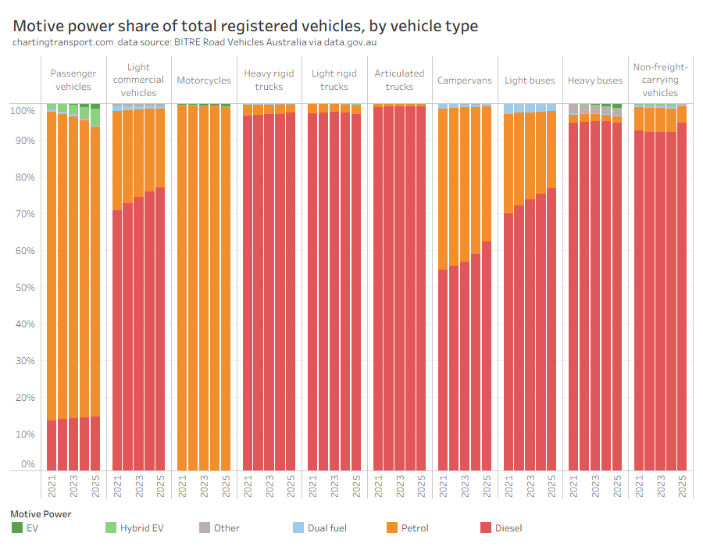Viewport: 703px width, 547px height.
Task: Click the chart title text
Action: tap(245, 26)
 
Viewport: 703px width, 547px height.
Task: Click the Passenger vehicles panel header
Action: tap(73, 80)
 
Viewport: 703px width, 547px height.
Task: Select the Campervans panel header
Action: tap(465, 80)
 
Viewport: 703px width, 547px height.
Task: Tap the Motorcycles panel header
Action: tap(204, 80)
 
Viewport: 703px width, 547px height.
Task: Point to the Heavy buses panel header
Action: tap(595, 80)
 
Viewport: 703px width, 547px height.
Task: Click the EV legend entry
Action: tap(32, 528)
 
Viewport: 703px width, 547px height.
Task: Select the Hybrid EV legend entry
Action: tap(141, 528)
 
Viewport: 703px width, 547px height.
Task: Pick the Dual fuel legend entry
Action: tap(327, 528)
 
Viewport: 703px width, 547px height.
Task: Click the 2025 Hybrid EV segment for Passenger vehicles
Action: tap(95, 117)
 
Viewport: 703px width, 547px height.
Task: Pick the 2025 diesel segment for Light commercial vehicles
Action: tap(160, 328)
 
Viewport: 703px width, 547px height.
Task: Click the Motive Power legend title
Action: tap(41, 514)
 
